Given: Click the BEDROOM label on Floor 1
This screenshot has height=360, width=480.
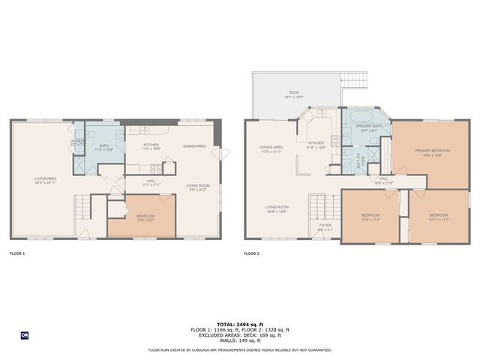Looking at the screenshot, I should click(145, 217).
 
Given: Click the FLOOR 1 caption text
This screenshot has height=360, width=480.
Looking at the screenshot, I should click(16, 253).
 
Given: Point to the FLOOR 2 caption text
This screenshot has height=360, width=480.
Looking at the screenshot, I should click(251, 253).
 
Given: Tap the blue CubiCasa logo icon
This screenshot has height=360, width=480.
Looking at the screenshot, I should click(25, 334).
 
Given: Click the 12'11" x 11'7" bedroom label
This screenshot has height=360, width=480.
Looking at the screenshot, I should click(439, 217).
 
